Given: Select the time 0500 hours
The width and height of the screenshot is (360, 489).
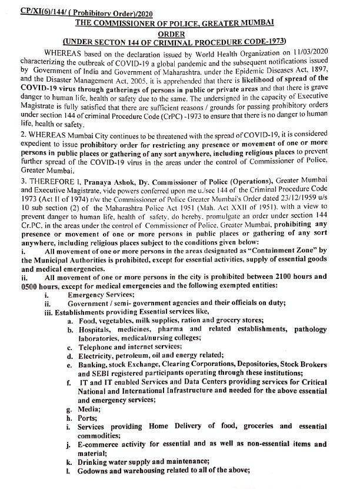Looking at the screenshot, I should coord(30,285).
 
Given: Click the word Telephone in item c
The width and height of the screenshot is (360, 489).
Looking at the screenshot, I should coord(94,347).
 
